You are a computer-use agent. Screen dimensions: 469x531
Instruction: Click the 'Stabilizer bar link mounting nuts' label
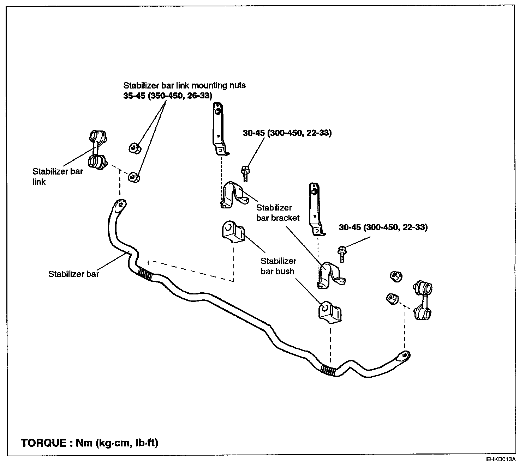[184, 85]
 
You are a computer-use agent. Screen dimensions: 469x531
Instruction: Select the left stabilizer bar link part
[97, 150]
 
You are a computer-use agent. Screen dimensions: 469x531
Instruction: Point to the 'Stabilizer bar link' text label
[58, 176]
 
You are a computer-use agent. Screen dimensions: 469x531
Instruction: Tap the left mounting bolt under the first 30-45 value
[245, 174]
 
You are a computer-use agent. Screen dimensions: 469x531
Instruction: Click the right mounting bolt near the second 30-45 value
[342, 254]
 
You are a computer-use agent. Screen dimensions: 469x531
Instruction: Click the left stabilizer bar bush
[233, 232]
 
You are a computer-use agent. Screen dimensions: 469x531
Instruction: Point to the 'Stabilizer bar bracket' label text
[278, 213]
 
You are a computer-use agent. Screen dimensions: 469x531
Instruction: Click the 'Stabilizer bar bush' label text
[278, 266]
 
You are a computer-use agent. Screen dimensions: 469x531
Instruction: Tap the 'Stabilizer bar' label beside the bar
[74, 274]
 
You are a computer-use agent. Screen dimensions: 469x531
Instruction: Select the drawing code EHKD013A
[500, 459]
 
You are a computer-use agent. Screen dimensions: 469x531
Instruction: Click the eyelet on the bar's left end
[120, 205]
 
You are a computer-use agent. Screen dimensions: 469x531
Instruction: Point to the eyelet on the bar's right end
[404, 355]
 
